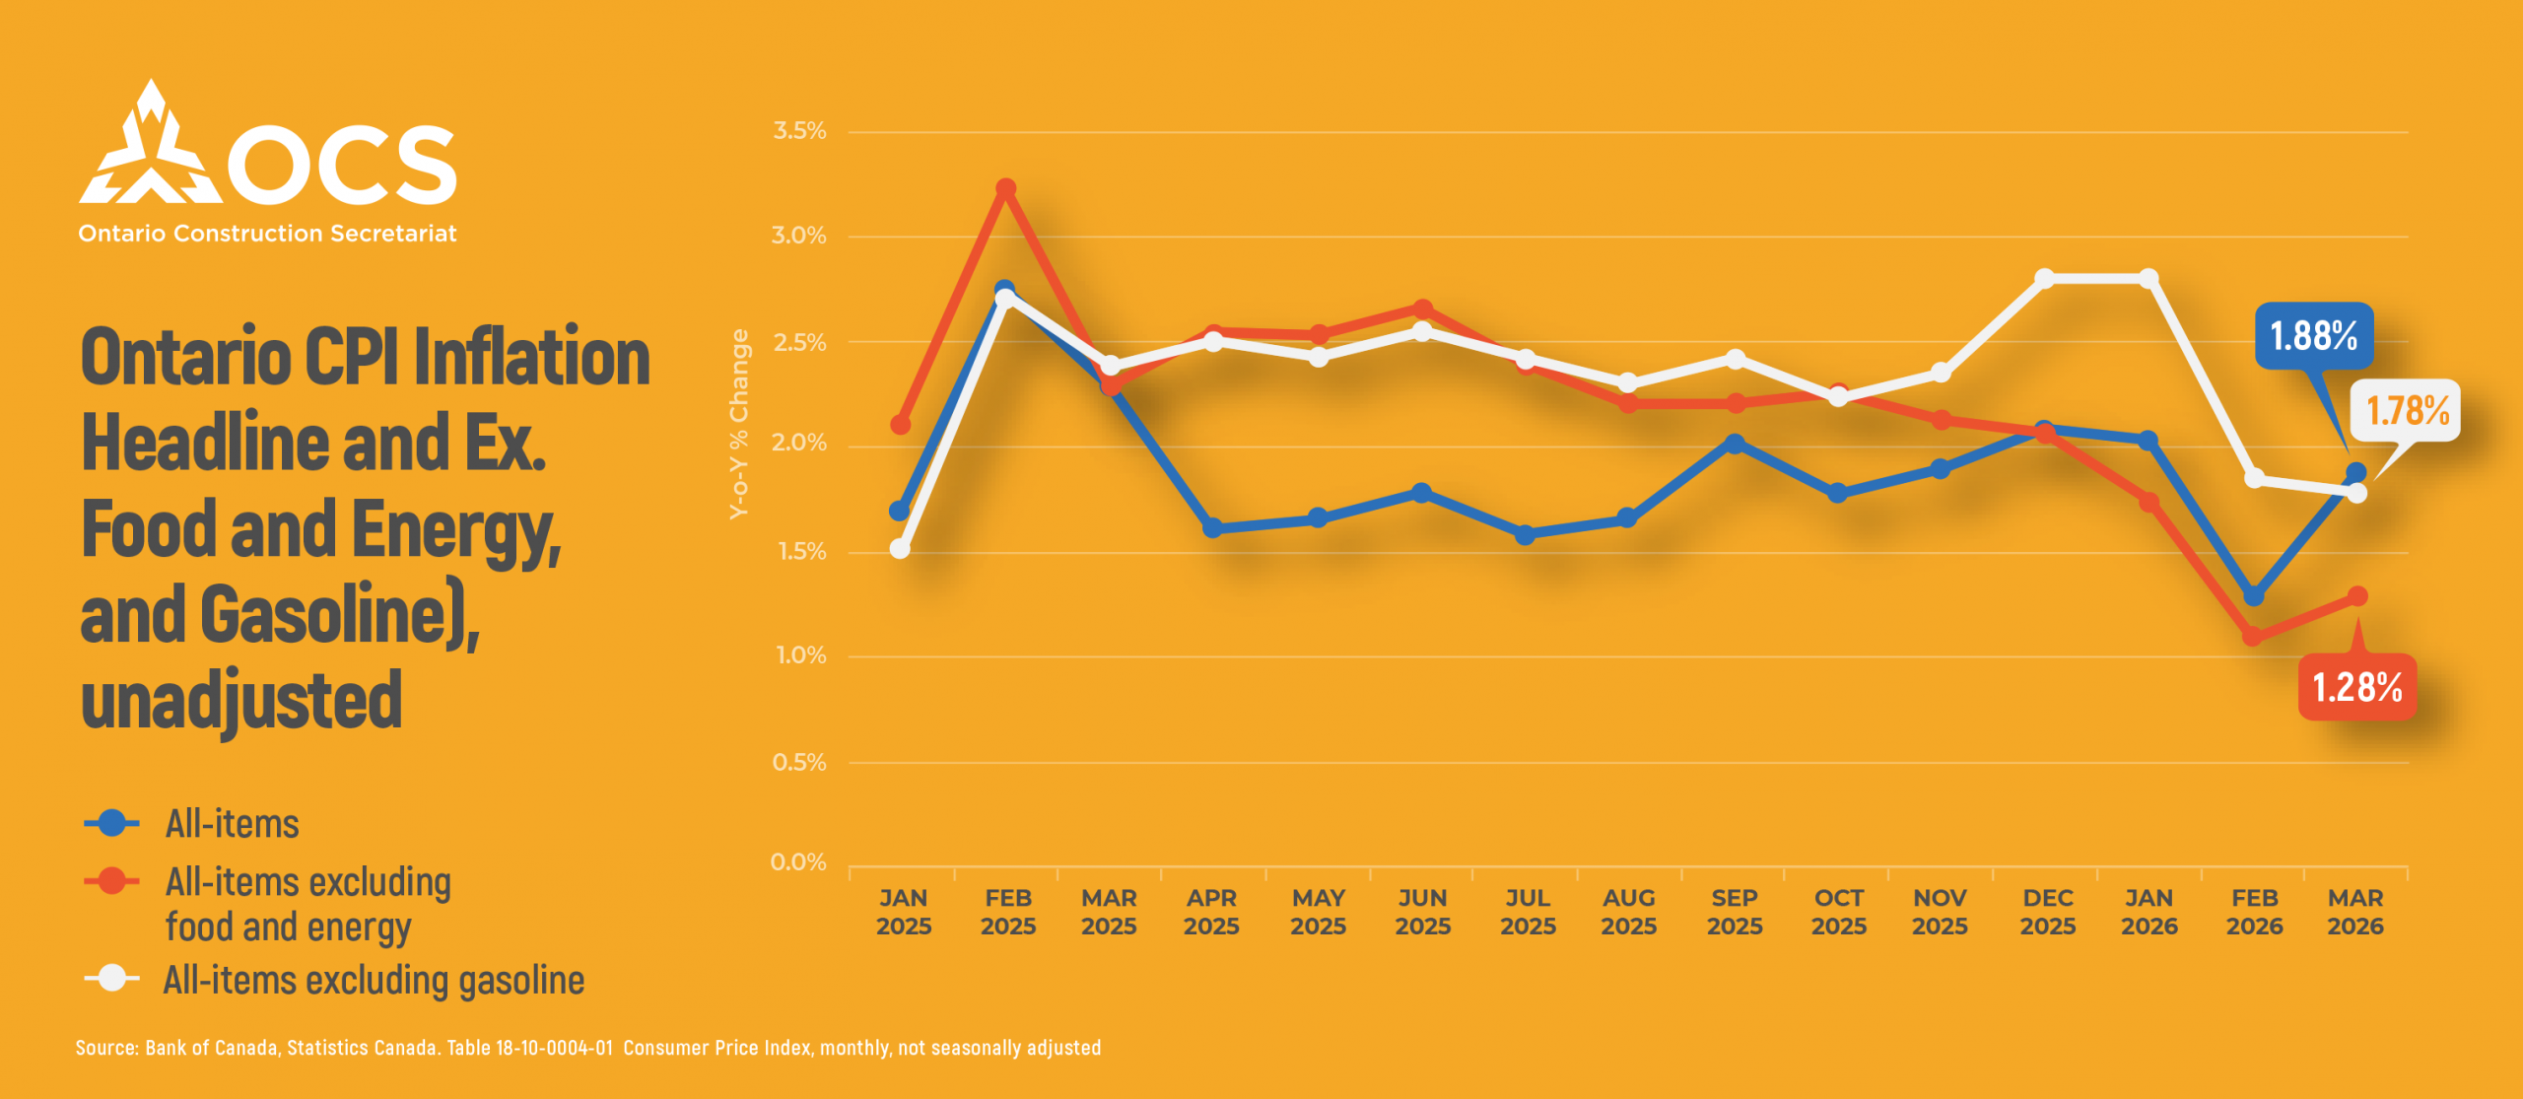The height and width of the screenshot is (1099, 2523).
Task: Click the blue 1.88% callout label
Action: tap(2313, 336)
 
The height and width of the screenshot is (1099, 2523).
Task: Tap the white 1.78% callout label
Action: tap(2407, 410)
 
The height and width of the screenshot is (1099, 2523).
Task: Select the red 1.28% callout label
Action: tap(2356, 687)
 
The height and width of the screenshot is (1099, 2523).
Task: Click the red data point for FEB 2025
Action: tap(1005, 188)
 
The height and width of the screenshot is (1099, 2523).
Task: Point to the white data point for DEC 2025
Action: tap(2045, 279)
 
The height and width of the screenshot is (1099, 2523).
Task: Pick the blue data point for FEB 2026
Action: tap(2253, 596)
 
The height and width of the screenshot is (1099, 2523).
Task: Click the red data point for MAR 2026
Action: tap(2357, 596)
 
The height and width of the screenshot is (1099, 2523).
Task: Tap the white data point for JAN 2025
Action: tap(900, 548)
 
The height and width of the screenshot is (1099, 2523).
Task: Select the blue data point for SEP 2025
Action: tap(1736, 445)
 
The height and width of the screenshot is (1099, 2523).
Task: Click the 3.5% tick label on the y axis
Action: tap(799, 131)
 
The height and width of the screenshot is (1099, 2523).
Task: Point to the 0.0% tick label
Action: tap(798, 862)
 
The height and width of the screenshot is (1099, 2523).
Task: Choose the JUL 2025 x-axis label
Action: tap(1528, 912)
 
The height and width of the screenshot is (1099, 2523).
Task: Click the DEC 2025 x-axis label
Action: tap(2047, 912)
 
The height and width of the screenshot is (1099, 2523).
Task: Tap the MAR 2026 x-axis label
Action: tap(2354, 912)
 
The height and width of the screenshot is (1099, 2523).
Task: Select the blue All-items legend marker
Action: tap(112, 823)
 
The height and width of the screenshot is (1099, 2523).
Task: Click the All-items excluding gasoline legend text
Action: tap(374, 981)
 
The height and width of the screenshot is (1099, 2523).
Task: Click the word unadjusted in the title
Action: tap(241, 700)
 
